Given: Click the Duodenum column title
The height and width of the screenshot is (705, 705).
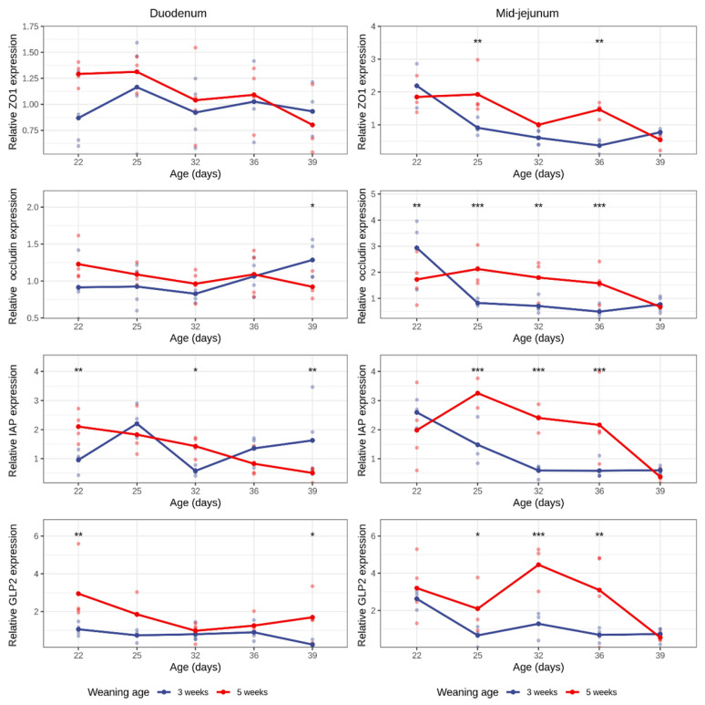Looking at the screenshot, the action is tap(178, 14).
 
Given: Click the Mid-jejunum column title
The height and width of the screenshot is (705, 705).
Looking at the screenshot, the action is tap(527, 14).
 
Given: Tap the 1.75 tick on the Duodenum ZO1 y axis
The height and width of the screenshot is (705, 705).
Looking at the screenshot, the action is tap(31, 27).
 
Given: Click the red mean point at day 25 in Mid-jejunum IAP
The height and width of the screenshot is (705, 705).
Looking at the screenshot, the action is tap(477, 393).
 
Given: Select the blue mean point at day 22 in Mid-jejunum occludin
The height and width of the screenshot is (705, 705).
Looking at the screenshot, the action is tap(417, 248).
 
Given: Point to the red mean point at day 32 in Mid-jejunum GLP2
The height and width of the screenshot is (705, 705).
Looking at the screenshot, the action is tap(538, 565).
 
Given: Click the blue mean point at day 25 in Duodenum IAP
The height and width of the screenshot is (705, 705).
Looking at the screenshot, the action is tap(137, 423).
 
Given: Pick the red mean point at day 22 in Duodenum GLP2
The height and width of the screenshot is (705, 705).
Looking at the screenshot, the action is tap(78, 594).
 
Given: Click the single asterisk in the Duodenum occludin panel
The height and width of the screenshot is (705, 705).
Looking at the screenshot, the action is tap(312, 206).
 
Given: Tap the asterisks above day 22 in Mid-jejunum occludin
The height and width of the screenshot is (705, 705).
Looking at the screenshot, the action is tap(417, 206).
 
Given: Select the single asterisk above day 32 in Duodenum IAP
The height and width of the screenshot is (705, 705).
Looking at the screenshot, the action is tap(196, 370).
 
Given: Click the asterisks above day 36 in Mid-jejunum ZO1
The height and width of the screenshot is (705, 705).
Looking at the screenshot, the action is tap(599, 42).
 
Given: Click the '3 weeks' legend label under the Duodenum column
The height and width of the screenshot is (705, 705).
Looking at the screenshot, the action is tap(193, 692).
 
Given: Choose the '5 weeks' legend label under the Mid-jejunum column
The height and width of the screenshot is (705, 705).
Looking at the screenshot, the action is tap(601, 692).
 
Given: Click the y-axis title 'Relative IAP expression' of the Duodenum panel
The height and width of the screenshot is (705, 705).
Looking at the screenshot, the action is tap(13, 420).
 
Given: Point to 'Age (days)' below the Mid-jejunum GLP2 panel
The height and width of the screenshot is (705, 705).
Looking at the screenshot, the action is tap(538, 667).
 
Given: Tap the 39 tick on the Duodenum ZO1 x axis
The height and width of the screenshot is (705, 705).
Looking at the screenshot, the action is tap(312, 162).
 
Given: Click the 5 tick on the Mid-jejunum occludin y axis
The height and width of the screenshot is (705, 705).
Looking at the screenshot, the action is tap(373, 194).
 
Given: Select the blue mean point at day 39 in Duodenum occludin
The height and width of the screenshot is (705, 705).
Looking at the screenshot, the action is tap(312, 260).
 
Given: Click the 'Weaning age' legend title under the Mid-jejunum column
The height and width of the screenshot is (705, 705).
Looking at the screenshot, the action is tap(467, 692).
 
